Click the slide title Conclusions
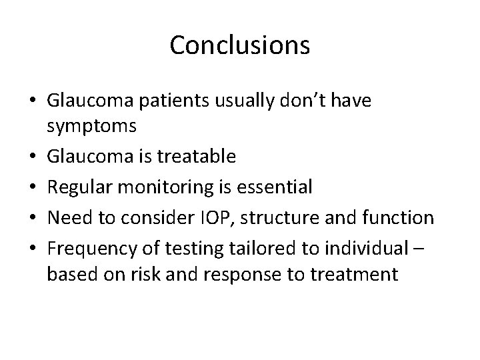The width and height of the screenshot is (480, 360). pyautogui.click(x=239, y=45)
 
